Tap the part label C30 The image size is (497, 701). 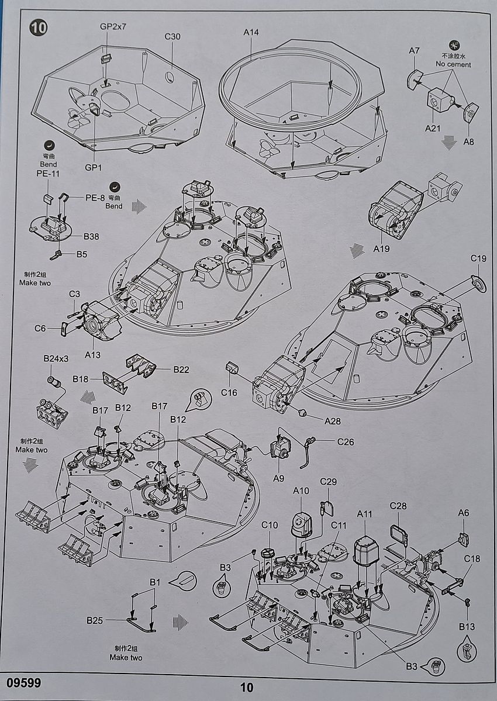coord(172,36)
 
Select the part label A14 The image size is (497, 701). coord(251,33)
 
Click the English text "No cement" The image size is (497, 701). coord(453,64)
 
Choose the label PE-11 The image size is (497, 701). coord(48,174)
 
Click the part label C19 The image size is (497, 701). coord(479,259)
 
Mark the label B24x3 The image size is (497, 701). coord(56,358)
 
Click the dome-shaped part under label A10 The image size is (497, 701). coord(301,522)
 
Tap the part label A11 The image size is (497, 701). coord(364,514)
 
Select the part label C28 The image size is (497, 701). coord(398,506)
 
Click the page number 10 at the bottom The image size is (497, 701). coord(247,688)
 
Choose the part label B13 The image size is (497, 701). coord(467,627)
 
